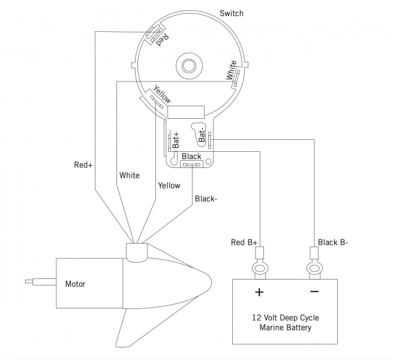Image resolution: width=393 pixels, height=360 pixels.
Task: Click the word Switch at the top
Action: pyautogui.click(x=232, y=13)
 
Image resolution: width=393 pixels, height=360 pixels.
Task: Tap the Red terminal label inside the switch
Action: pyautogui.click(x=163, y=40)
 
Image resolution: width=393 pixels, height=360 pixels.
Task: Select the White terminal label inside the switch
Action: pyautogui.click(x=231, y=70)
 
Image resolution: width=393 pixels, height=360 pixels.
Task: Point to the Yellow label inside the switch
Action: pyautogui.click(x=162, y=94)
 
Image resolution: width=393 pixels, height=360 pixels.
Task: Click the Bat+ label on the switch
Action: pyautogui.click(x=176, y=140)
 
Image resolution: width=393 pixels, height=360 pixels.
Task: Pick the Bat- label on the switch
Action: pyautogui.click(x=202, y=136)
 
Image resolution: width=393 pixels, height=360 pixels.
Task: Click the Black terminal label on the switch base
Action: pyautogui.click(x=191, y=157)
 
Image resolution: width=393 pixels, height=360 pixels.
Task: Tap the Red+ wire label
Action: pyautogui.click(x=83, y=165)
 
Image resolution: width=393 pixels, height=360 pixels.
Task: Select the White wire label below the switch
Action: pyautogui.click(x=130, y=175)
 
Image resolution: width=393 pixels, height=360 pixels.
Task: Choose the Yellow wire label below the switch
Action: pyautogui.click(x=169, y=185)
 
